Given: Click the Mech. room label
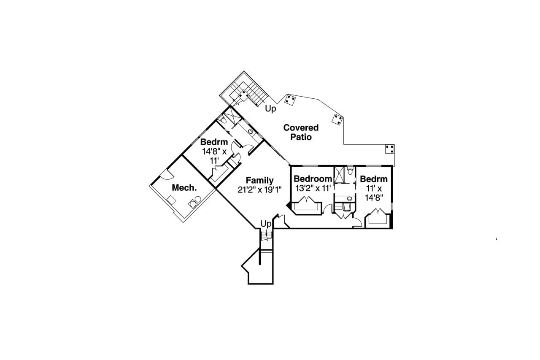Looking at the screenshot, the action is click(x=184, y=188).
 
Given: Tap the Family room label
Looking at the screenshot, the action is click(x=260, y=181).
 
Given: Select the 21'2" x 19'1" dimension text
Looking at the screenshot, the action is click(x=259, y=190).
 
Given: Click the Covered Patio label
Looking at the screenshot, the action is click(x=301, y=132).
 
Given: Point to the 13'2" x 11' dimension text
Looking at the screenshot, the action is click(x=313, y=188).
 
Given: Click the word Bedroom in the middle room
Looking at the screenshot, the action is click(x=313, y=179).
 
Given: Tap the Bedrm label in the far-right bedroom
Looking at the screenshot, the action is click(x=374, y=179).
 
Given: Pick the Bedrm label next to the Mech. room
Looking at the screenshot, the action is click(x=214, y=142).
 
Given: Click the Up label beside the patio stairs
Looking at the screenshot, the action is click(x=270, y=109).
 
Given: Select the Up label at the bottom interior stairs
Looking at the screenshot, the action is click(x=265, y=223).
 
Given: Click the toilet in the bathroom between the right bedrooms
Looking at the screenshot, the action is click(x=350, y=171).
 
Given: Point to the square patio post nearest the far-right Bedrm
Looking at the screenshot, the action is click(x=390, y=149).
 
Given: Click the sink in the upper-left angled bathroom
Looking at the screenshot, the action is click(x=250, y=132).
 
